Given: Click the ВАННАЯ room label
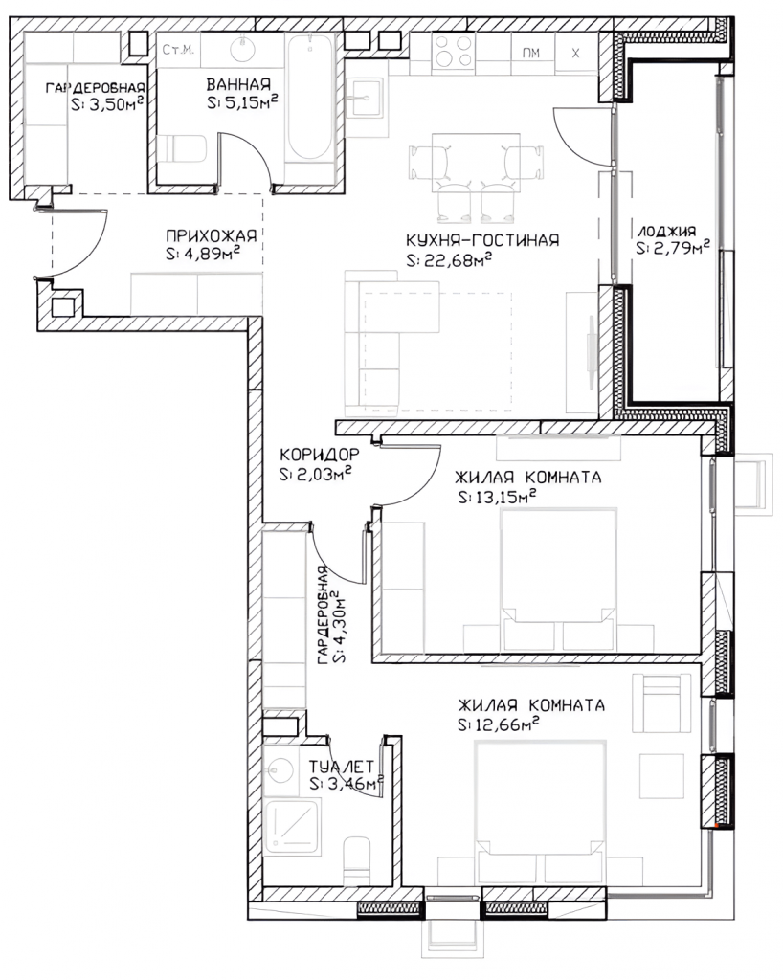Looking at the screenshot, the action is point(238,84).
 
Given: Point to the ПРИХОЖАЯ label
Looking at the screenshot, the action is point(212,235).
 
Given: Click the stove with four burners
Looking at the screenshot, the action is point(453,52).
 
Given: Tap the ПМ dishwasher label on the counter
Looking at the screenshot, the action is point(531,54).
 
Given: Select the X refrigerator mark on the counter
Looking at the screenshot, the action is point(575,54).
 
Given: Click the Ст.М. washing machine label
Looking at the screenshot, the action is point(178,50).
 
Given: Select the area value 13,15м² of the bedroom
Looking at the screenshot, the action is point(498,498).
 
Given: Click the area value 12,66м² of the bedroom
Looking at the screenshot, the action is point(499,725).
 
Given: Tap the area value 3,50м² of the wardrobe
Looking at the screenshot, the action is point(107,104).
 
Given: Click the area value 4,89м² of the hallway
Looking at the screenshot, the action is point(203,255).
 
